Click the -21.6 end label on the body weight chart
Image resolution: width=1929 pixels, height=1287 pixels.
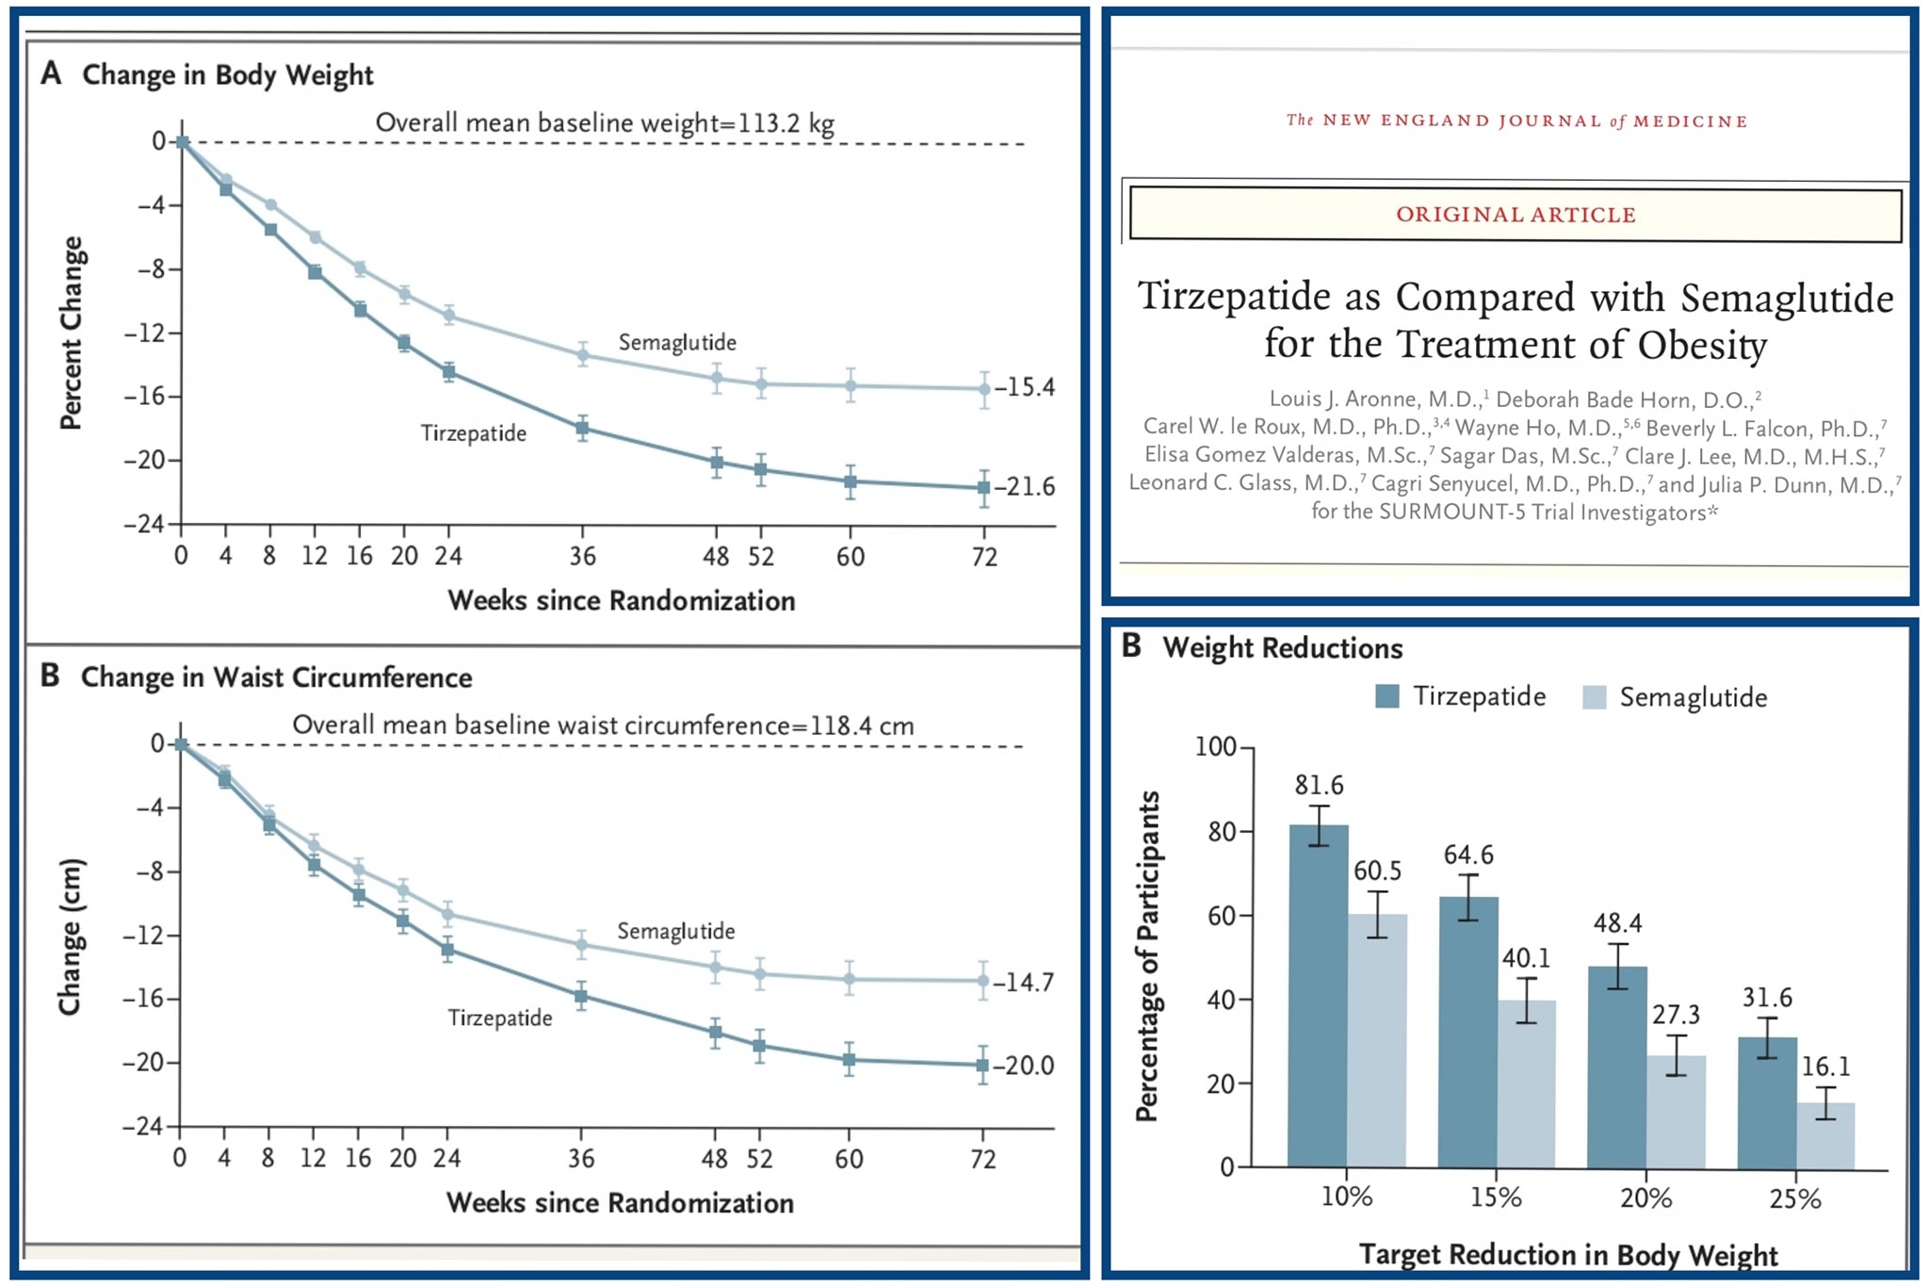pyautogui.click(x=1025, y=487)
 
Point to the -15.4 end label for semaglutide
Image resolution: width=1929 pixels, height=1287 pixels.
pyautogui.click(x=1025, y=387)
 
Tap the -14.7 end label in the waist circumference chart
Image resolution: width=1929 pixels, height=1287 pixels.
pyautogui.click(x=1024, y=983)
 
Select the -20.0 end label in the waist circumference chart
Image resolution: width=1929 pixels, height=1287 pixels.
pyautogui.click(x=1024, y=1066)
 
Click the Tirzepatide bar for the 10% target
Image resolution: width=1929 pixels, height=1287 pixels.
pyautogui.click(x=1318, y=996)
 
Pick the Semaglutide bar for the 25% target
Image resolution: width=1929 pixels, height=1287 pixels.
pyautogui.click(x=1825, y=1135)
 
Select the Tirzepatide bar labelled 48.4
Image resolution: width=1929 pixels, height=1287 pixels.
pyautogui.click(x=1617, y=1067)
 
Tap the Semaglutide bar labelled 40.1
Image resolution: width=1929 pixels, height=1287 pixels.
pyautogui.click(x=1527, y=1084)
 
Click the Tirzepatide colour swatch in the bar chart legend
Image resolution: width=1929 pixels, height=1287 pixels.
pyautogui.click(x=1387, y=696)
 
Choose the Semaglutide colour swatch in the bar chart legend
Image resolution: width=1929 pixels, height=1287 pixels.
pyautogui.click(x=1594, y=697)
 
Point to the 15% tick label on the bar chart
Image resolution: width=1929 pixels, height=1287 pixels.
pyautogui.click(x=1496, y=1197)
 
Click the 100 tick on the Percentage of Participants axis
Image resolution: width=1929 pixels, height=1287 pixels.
pyautogui.click(x=1215, y=747)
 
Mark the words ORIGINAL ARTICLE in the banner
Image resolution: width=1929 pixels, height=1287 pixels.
pyautogui.click(x=1516, y=215)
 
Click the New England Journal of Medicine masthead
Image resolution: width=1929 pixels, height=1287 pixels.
pyautogui.click(x=1516, y=121)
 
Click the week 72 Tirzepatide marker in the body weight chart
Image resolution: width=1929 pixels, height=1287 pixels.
pyautogui.click(x=984, y=488)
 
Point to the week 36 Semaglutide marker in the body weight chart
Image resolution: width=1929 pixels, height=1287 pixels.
pyautogui.click(x=583, y=355)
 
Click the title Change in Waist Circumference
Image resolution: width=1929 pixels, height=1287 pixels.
pyautogui.click(x=277, y=677)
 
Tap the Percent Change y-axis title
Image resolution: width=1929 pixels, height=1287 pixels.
pyautogui.click(x=73, y=333)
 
